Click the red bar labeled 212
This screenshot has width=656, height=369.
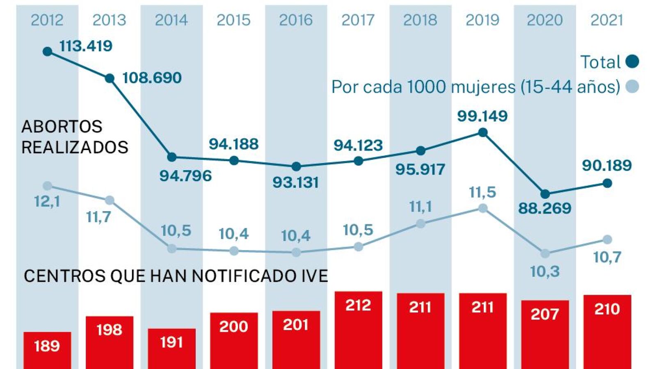[x=358, y=330]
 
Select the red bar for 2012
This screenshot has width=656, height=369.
[x=47, y=351]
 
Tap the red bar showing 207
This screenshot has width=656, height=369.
[x=545, y=334]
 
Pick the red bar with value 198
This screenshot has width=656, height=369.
[x=110, y=342]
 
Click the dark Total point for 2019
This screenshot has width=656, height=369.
[x=483, y=132]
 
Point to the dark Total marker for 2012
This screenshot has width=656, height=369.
[x=48, y=52]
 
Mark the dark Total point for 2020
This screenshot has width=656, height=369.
[x=545, y=194]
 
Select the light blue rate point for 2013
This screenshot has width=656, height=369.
[x=110, y=200]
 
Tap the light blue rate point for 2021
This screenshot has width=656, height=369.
[x=607, y=239]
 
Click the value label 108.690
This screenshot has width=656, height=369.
[x=152, y=78]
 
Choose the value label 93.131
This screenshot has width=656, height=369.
[x=295, y=182]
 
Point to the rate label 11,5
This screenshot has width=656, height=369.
[x=482, y=192]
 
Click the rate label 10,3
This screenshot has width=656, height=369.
[x=545, y=271]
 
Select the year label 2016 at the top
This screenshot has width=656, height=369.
[x=295, y=20]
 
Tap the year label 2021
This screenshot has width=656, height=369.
[x=606, y=20]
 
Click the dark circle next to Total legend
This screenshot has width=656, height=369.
[x=632, y=61]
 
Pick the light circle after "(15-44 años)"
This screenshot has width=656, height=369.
[x=632, y=87]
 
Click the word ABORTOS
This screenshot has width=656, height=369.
[x=62, y=127]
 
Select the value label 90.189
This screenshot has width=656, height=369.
[x=607, y=166]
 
